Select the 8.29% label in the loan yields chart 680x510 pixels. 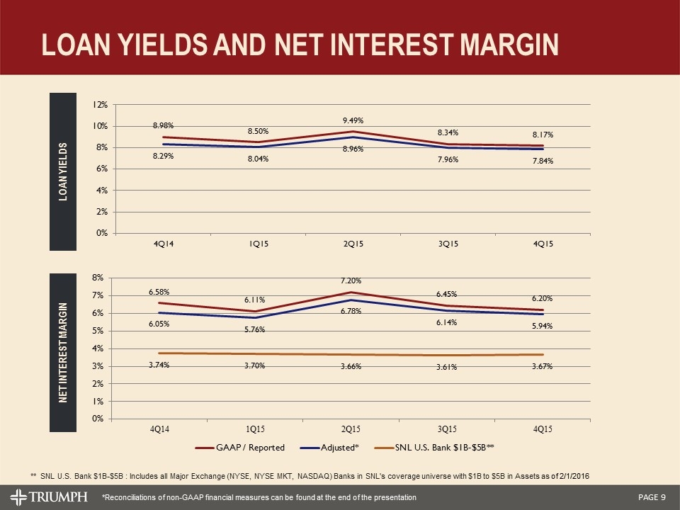pos(164,157)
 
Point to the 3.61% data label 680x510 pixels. pos(446,367)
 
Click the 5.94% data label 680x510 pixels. pos(543,326)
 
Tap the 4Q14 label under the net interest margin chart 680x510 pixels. pos(159,429)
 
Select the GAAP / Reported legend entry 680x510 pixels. pos(246,448)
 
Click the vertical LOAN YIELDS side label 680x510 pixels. pos(62,170)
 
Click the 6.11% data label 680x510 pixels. pos(254,300)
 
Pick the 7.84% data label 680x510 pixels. pos(543,161)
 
